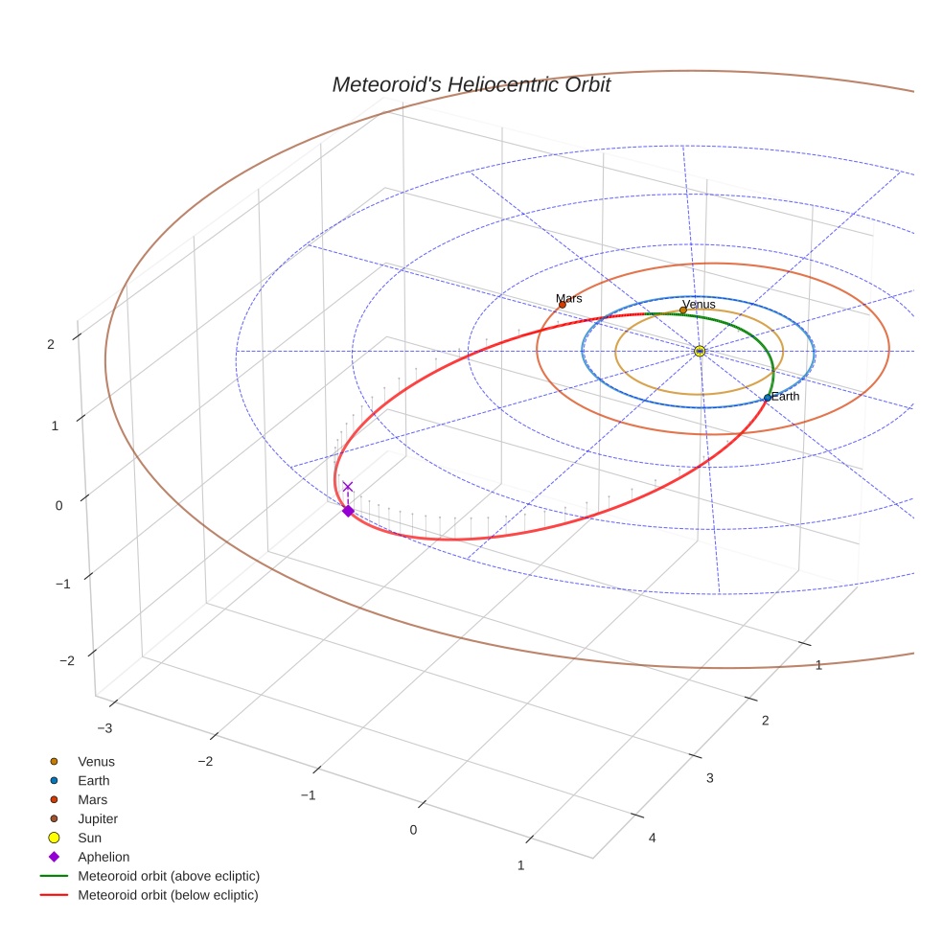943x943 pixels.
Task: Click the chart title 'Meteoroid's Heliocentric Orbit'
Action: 471,85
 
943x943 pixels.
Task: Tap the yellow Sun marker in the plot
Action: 700,352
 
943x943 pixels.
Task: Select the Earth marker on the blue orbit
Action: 768,397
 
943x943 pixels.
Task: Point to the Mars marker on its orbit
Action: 563,305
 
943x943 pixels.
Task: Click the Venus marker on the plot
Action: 683,310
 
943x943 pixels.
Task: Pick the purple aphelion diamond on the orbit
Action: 348,511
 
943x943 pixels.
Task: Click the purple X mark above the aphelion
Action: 348,487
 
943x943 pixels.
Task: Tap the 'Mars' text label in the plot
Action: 569,298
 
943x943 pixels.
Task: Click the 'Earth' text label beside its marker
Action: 786,396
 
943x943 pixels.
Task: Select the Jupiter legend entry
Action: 98,818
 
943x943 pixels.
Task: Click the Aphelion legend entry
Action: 103,857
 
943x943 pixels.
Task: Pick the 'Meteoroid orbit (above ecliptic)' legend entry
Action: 169,876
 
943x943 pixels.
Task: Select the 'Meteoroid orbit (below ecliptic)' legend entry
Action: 168,895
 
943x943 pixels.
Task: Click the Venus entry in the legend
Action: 96,762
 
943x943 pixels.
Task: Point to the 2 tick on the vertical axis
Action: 50,343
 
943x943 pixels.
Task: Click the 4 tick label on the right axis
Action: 653,838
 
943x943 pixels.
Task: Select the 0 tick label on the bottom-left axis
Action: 414,830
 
